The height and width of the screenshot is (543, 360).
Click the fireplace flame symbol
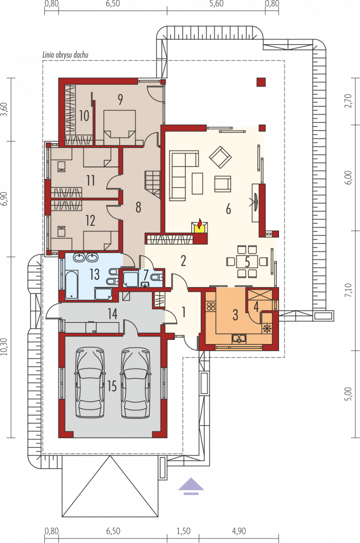click(x=199, y=224)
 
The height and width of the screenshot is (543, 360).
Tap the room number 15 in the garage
click(x=112, y=386)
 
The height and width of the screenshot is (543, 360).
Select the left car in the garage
click(x=90, y=383)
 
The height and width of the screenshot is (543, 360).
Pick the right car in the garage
click(x=135, y=383)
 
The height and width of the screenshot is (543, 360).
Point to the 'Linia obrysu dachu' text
click(x=65, y=55)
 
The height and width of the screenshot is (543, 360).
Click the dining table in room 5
click(x=247, y=261)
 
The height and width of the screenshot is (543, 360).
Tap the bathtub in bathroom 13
click(x=72, y=285)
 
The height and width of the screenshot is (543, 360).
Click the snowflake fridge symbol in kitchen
click(x=267, y=329)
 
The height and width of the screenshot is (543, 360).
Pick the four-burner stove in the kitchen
click(x=211, y=307)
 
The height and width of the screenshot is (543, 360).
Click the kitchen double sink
click(x=239, y=339)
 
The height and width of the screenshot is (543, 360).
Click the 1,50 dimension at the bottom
click(x=184, y=531)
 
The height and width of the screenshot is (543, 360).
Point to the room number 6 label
click(x=228, y=209)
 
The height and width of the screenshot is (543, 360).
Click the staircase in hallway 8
click(x=153, y=184)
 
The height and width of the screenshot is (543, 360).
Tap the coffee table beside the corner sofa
click(x=197, y=184)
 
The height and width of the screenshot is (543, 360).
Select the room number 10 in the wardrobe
click(x=84, y=116)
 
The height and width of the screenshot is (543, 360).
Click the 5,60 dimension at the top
click(x=216, y=4)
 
